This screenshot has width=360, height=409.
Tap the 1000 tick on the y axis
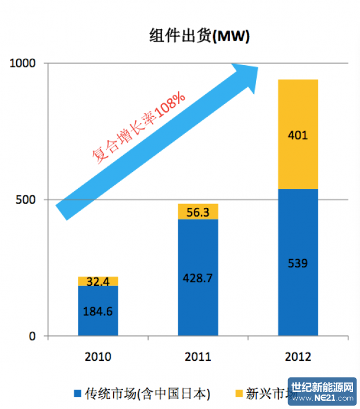[x=24, y=63]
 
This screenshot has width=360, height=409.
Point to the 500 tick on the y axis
[x=28, y=200]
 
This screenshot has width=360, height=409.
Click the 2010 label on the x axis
[x=98, y=357]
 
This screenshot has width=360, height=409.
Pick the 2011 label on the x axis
[x=198, y=357]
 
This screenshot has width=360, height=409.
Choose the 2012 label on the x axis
[x=298, y=357]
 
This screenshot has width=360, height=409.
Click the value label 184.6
[x=98, y=311]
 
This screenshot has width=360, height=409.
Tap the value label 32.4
[x=98, y=282]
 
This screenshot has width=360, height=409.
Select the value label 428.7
[x=198, y=278]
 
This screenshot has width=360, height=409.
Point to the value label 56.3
[x=198, y=213]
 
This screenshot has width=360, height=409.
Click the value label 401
[x=298, y=136]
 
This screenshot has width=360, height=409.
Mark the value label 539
[x=298, y=263]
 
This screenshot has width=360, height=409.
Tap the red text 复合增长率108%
[x=139, y=127]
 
